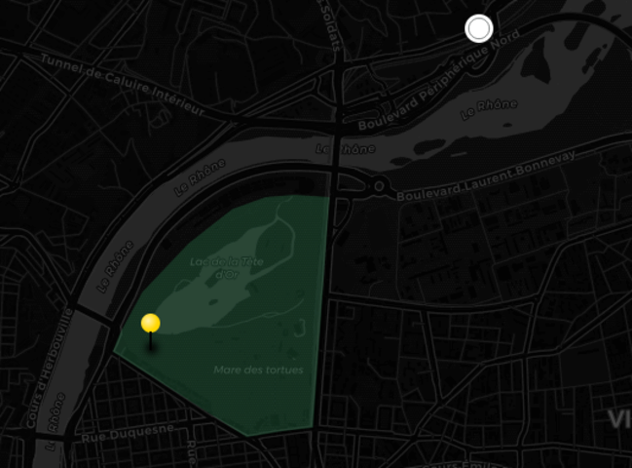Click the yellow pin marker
pos(150,324)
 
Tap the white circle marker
pos(478,28)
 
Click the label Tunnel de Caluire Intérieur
pos(122,84)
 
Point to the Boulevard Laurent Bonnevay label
pos(486,175)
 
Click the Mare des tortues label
pos(258,370)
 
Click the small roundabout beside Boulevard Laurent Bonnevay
pos(378,185)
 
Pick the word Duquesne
pos(141,430)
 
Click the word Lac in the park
pos(197,261)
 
